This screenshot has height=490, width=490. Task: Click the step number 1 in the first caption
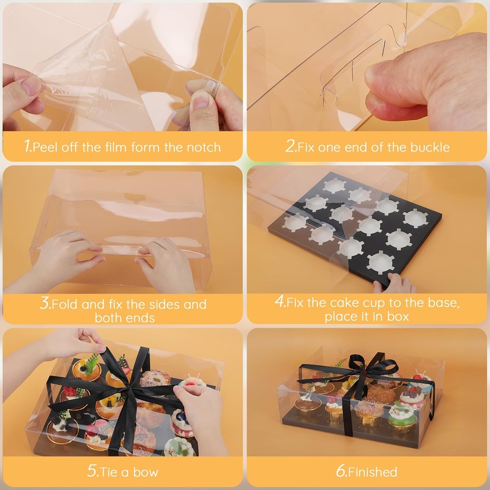pos(27,146)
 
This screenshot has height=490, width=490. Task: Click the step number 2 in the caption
pos(290,146)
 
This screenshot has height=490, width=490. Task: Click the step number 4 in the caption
pos(279,301)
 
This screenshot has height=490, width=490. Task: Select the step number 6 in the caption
pos(341,471)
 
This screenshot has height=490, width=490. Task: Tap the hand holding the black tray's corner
pos(394,283)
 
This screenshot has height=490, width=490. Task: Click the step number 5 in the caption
pos(92,471)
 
